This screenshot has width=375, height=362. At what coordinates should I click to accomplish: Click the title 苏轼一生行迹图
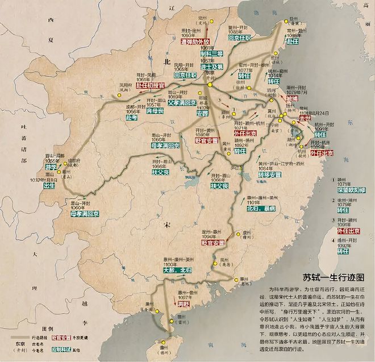(x=332, y=278)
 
